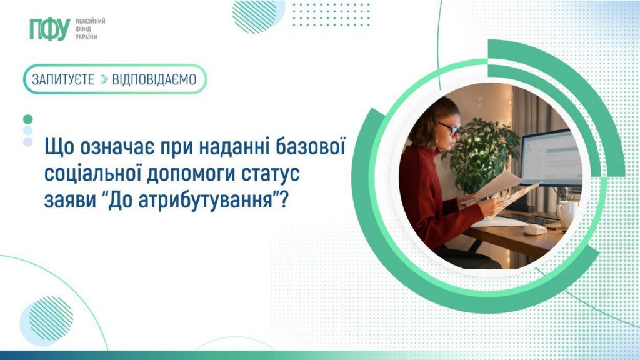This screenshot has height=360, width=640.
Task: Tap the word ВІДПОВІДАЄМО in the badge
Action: click(x=154, y=79)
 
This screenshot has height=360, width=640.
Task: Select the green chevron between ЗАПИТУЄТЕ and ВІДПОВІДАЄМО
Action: click(x=104, y=79)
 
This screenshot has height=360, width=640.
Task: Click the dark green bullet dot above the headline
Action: click(x=27, y=119)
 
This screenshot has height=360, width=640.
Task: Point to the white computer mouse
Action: click(x=534, y=229)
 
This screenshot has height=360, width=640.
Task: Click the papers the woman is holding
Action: click(x=500, y=191)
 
